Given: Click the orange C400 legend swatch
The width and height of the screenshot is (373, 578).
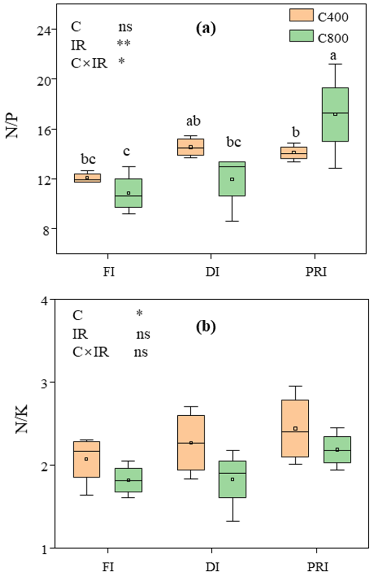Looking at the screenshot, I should [x=301, y=15].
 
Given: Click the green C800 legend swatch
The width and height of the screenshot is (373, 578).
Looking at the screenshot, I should [x=301, y=36].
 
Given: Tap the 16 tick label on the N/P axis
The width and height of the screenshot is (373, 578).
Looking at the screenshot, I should [x=46, y=129].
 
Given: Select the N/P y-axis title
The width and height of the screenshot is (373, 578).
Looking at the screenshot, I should [x=12, y=126].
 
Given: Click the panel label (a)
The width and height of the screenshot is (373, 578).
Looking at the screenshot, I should [x=206, y=28].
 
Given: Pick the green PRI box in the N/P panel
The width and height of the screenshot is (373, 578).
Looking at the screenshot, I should [x=335, y=114].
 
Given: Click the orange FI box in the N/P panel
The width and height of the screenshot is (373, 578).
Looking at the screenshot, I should [x=87, y=178].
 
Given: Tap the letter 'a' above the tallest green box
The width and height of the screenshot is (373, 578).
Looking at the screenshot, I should [x=333, y=55].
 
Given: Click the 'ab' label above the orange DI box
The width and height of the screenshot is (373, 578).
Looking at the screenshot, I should [x=193, y=121].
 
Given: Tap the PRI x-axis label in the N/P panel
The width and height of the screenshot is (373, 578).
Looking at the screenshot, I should [x=316, y=272].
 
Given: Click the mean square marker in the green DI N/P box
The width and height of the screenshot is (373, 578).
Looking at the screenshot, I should [x=232, y=179].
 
